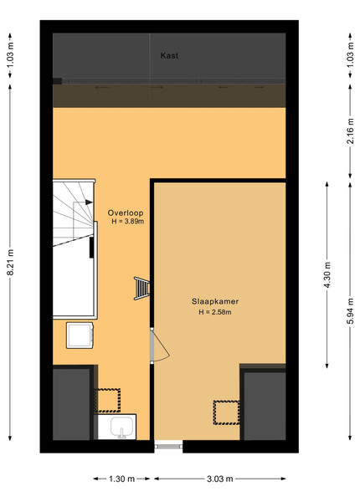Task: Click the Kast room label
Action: point(169,56)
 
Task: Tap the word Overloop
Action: point(126,213)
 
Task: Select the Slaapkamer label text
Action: point(215,301)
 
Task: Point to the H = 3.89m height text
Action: point(127,222)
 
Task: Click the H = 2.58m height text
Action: point(215,312)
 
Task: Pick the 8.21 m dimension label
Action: point(11,262)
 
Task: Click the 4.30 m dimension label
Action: point(327,275)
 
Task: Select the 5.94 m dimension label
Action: point(351,311)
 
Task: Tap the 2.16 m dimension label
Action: point(351,131)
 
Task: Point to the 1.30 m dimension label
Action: point(121,479)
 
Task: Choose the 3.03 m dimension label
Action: point(219,479)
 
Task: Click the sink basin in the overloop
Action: point(122,427)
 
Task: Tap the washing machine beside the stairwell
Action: point(80,336)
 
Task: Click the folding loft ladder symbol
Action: point(141,288)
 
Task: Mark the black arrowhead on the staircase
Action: point(89,202)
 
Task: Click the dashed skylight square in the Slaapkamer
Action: point(226,412)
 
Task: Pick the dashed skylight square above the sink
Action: point(109,401)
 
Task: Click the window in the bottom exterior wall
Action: point(168,446)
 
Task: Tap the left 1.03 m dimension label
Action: point(11,55)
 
